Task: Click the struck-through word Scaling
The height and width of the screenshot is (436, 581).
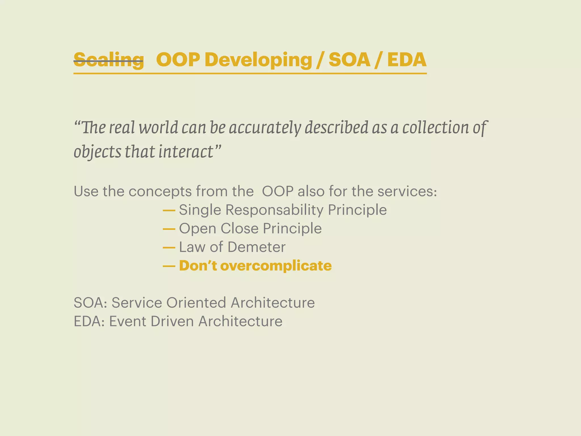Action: [109, 60]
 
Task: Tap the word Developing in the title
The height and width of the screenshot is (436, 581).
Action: [258, 60]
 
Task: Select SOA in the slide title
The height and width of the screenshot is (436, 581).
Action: [349, 60]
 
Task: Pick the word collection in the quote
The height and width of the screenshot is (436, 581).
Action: [435, 127]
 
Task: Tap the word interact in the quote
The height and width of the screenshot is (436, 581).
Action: [186, 151]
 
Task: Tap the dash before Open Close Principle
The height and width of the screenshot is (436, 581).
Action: [169, 229]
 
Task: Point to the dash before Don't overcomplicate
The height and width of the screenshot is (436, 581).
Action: [169, 266]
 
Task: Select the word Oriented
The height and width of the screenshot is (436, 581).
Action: [196, 303]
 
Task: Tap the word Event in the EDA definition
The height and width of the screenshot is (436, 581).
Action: [127, 321]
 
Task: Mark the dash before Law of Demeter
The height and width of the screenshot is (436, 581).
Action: [169, 247]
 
